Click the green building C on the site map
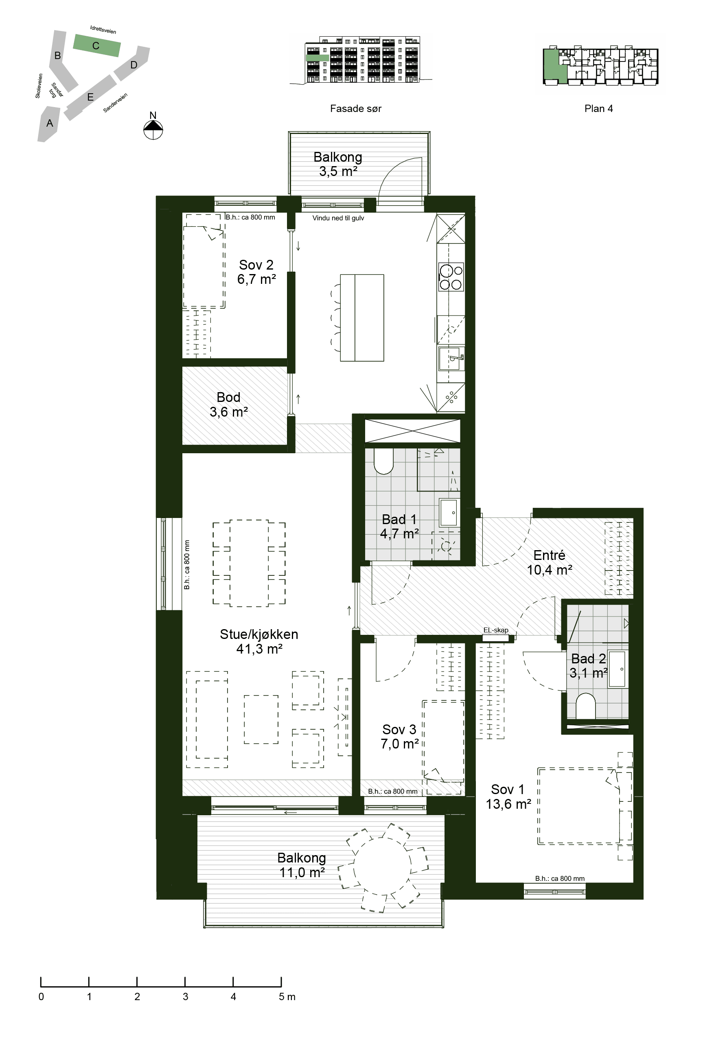(97, 46)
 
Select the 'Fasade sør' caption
(356, 108)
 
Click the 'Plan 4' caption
(598, 108)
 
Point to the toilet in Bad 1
(383, 461)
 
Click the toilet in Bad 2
(586, 706)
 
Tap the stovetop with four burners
(451, 277)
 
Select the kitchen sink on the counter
(451, 358)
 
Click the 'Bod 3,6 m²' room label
(229, 404)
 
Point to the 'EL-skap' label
(496, 630)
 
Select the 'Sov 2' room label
(256, 265)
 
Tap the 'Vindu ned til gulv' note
(338, 218)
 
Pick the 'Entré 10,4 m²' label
(550, 562)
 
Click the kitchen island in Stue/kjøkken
(362, 318)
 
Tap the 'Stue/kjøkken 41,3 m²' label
(259, 641)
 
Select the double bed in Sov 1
(579, 806)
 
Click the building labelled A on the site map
(48, 124)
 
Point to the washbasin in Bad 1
(449, 512)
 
